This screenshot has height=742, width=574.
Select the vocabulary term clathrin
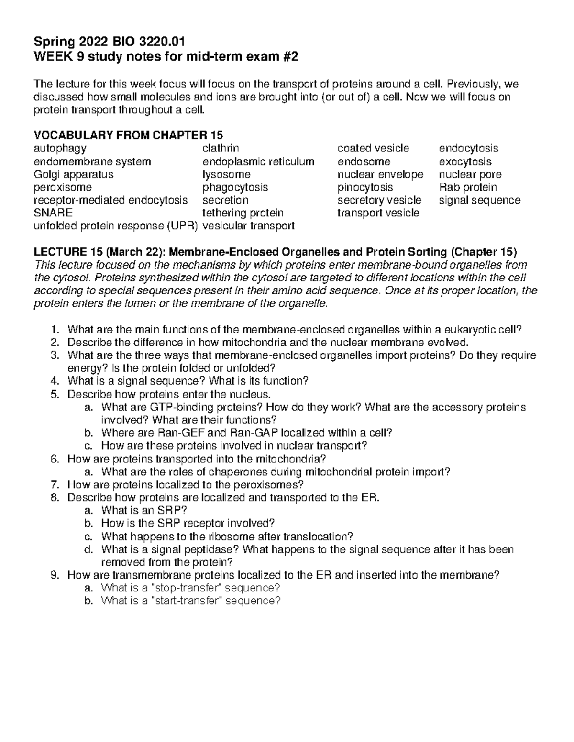click(221, 149)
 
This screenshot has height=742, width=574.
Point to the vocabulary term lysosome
click(226, 174)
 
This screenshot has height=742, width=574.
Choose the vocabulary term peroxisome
click(63, 187)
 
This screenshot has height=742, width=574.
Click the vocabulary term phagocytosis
click(235, 187)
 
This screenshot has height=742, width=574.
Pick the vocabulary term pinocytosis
click(365, 187)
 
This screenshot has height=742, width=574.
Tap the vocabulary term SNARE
click(53, 213)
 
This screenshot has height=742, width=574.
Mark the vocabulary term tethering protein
click(243, 213)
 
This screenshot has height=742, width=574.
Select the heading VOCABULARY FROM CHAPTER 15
click(129, 135)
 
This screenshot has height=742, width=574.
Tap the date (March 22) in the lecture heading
click(129, 252)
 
